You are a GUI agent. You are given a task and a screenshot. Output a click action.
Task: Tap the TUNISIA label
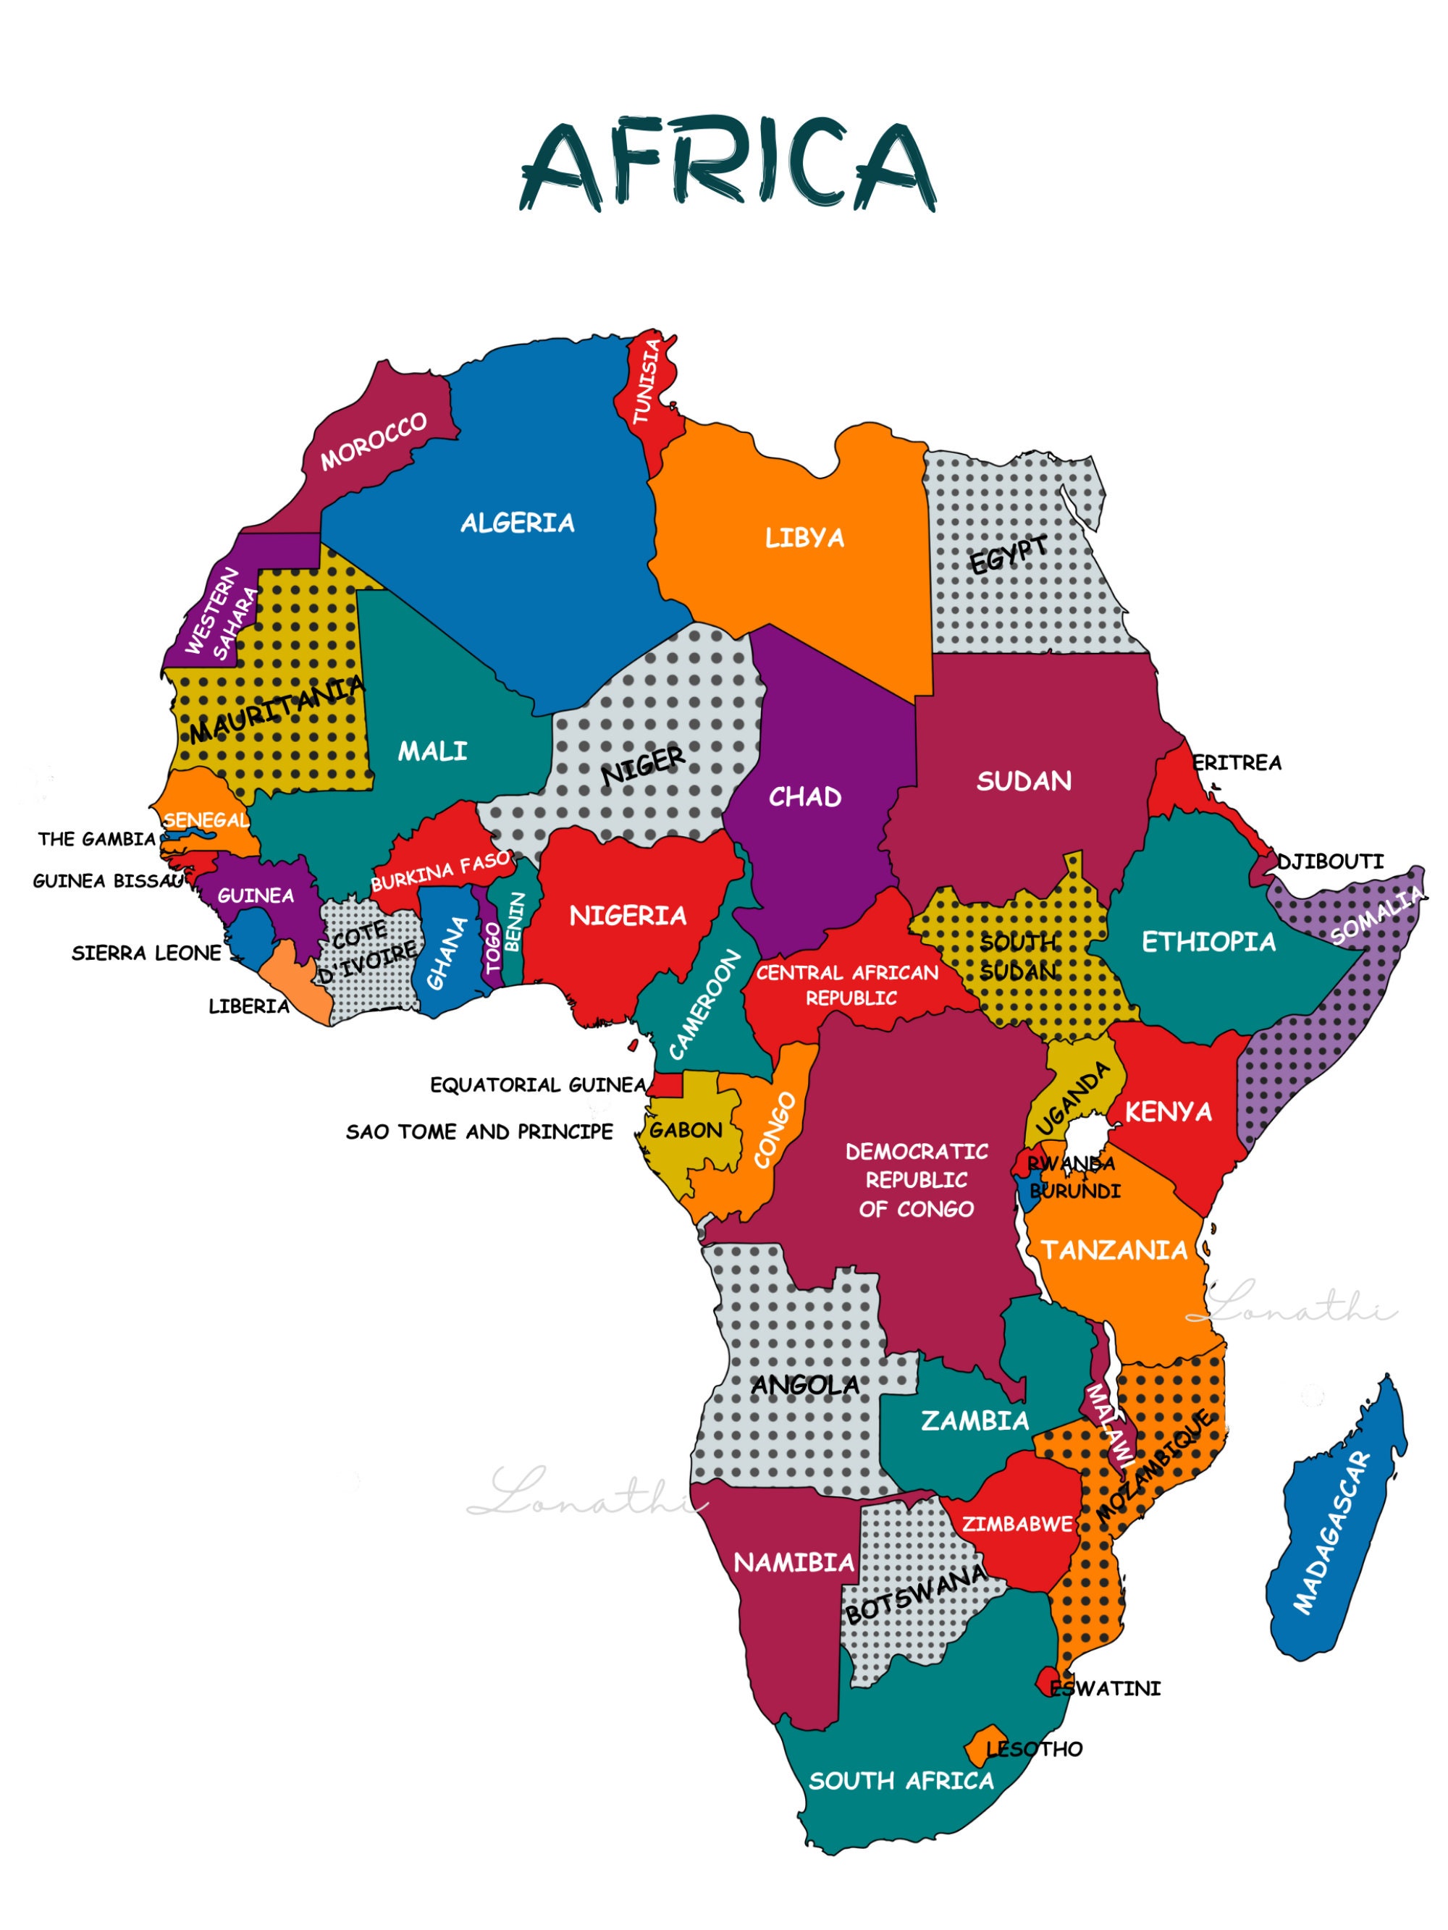[647, 382]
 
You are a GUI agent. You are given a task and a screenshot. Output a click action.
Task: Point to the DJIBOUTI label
[1329, 862]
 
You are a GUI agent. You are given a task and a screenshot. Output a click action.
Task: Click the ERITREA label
[1237, 762]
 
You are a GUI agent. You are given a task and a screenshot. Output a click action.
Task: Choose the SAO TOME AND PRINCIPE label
[479, 1132]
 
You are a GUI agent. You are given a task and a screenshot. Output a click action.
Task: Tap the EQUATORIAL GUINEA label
[538, 1084]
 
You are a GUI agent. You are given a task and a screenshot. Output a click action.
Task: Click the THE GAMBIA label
[97, 839]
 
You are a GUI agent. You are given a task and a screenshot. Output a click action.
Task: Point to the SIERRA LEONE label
[147, 953]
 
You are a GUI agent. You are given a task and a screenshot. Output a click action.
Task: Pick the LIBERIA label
[249, 1007]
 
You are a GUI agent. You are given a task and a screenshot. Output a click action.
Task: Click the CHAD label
[805, 796]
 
